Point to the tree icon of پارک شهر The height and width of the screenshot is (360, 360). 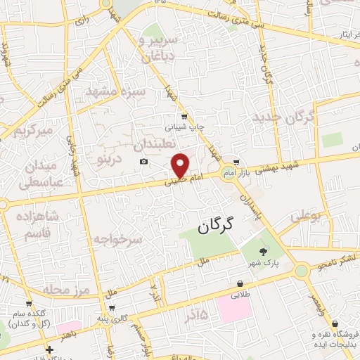click(263, 252)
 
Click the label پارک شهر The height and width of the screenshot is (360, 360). click(262, 263)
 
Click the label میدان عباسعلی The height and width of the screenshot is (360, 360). click(29, 174)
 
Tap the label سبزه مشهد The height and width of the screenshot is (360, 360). click(115, 92)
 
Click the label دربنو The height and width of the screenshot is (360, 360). click(109, 158)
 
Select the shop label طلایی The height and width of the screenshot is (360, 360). click(240, 295)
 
